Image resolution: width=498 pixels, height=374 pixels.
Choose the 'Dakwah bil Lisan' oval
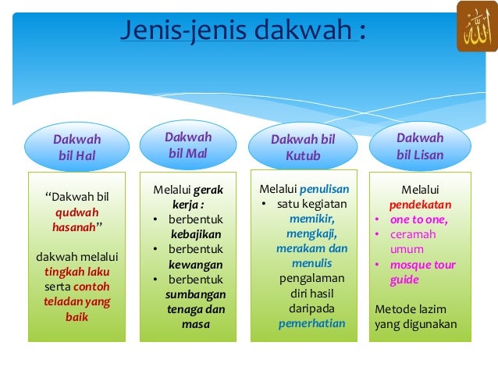point(420,146)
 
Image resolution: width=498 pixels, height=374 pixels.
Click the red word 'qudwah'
point(76,212)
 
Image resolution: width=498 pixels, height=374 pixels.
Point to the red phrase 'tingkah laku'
point(76,272)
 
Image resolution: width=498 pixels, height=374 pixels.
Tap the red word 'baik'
point(76,317)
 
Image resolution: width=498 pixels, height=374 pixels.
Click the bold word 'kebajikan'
point(195,233)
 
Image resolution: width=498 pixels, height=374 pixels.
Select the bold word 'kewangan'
point(196,264)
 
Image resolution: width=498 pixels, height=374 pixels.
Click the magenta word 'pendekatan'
point(419,204)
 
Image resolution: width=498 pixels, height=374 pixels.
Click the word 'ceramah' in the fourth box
point(413,234)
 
